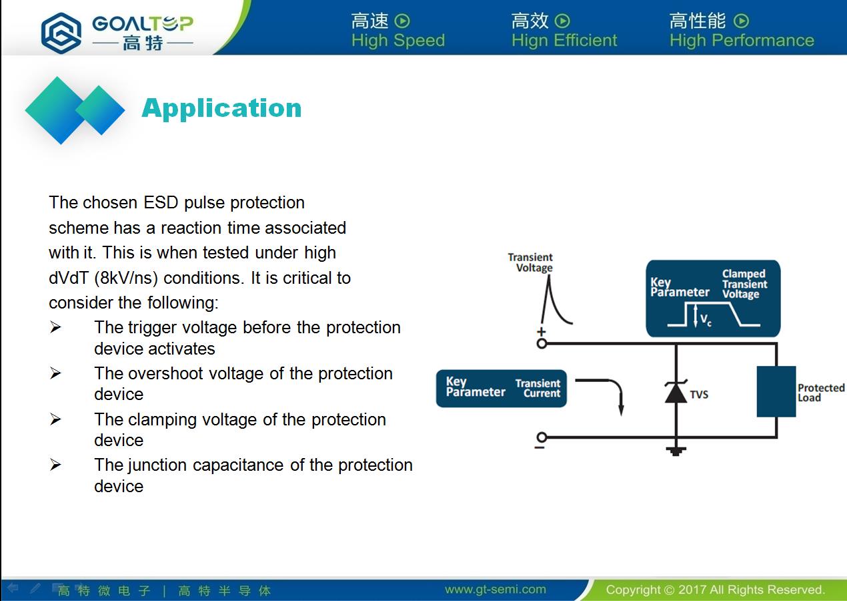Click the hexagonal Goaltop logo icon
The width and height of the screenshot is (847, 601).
pyautogui.click(x=61, y=33)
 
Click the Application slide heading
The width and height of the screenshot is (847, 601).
pyautogui.click(x=221, y=109)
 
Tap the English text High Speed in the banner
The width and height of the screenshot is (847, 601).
pyautogui.click(x=398, y=41)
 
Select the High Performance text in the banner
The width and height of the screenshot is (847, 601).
pyautogui.click(x=742, y=41)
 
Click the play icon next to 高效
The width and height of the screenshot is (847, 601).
pyautogui.click(x=562, y=21)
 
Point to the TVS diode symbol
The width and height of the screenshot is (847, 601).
pyautogui.click(x=676, y=391)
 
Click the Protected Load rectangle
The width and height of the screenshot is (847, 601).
pyautogui.click(x=776, y=391)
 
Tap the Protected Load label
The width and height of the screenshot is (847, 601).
pyautogui.click(x=821, y=393)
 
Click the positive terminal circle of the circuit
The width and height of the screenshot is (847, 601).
pyautogui.click(x=542, y=343)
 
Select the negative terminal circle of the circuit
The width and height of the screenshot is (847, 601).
pyautogui.click(x=542, y=437)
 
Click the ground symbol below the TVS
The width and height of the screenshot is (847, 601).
pyautogui.click(x=676, y=451)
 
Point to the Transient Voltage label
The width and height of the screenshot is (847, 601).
pyautogui.click(x=530, y=262)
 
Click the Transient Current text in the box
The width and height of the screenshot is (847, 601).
pyautogui.click(x=538, y=389)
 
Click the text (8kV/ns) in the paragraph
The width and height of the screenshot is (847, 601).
pyautogui.click(x=126, y=278)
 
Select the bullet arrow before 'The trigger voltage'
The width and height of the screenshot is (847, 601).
pyautogui.click(x=55, y=327)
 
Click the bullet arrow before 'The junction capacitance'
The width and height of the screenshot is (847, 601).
pyautogui.click(x=55, y=464)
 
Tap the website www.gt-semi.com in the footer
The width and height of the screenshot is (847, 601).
pyautogui.click(x=496, y=589)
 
